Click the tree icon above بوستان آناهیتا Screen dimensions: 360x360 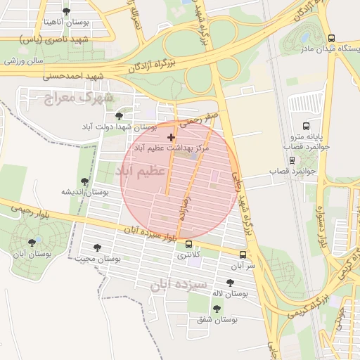click(67, 11)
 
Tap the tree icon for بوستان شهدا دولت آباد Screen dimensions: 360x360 click(119, 114)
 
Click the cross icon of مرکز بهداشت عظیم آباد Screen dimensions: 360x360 click(171, 137)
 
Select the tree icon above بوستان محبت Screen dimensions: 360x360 click(98, 247)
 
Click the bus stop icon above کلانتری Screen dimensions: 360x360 click(188, 245)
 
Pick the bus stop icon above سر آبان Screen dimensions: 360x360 click(243, 255)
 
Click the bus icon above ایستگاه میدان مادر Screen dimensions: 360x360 click(332, 38)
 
